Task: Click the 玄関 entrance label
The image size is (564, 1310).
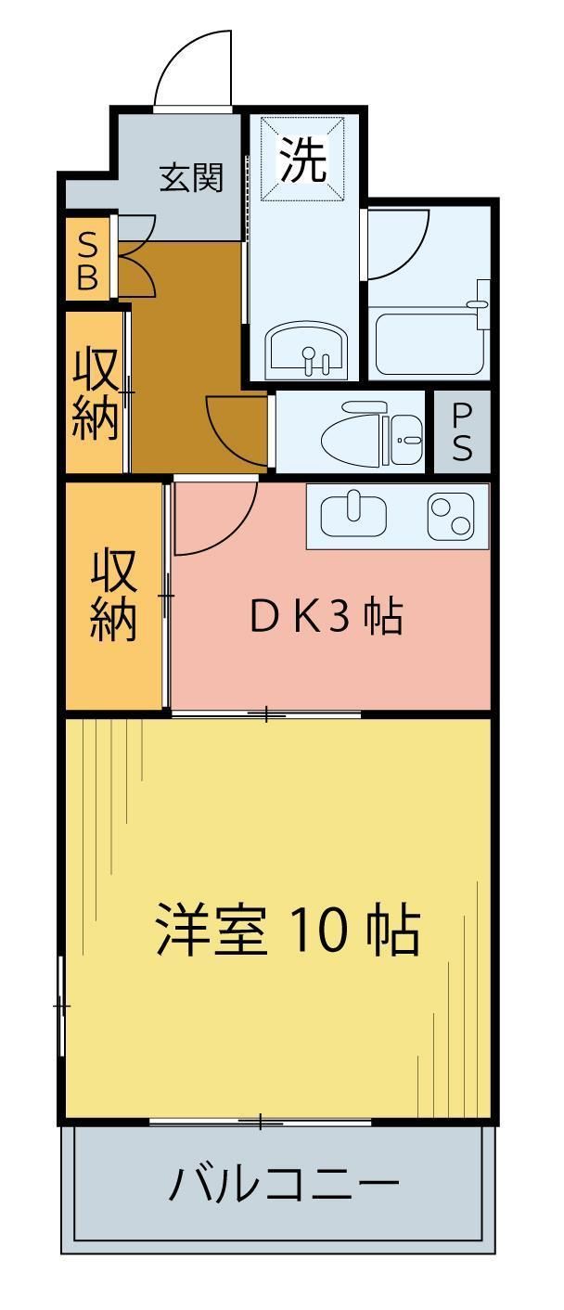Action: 192,177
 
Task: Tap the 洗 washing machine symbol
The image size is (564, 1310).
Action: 304,159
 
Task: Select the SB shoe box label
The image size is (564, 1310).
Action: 86,262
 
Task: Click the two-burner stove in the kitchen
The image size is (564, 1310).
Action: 450,515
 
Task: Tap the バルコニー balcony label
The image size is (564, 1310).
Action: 283,1184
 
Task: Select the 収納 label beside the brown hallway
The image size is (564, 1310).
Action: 96,392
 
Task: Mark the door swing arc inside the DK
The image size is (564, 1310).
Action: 215,520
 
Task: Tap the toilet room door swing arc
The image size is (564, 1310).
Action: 236,430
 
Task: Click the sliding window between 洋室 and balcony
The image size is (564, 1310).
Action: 262,1123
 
